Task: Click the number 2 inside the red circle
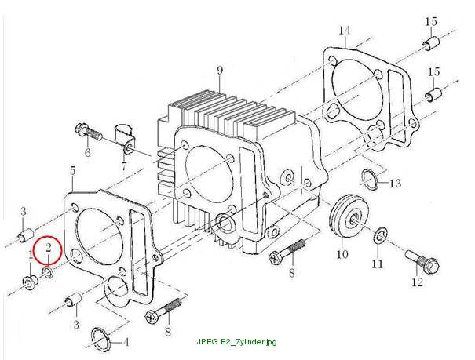[x=49, y=248]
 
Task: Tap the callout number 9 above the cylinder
[x=220, y=70]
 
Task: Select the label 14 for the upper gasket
[x=345, y=31]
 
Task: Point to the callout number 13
[x=395, y=183]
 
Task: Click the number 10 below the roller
[x=342, y=254]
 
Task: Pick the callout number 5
[x=73, y=171]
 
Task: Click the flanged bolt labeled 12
[x=422, y=263]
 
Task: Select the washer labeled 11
[x=380, y=235]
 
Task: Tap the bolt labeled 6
[x=88, y=133]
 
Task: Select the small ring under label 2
[x=48, y=272]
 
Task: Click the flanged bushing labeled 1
[x=30, y=282]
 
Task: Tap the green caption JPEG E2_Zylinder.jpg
[x=236, y=342]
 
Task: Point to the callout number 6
[x=88, y=152]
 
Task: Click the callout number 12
[x=418, y=282]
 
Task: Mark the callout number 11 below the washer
[x=378, y=264]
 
